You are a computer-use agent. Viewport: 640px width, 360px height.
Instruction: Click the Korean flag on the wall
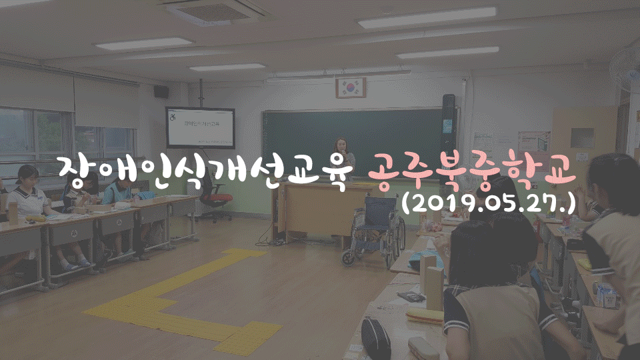(x=351, y=87)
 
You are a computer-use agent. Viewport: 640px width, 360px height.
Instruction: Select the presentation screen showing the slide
(x=200, y=128)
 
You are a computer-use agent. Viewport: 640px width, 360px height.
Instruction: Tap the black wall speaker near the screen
(x=161, y=91)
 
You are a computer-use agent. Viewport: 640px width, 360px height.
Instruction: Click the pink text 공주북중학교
(x=472, y=173)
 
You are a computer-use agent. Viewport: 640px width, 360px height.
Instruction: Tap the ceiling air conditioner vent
(x=213, y=11)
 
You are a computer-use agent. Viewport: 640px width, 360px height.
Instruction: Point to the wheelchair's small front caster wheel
(x=348, y=258)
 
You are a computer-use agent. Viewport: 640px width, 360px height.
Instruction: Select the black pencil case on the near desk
(x=375, y=339)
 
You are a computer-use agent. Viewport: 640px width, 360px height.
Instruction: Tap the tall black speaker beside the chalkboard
(x=449, y=139)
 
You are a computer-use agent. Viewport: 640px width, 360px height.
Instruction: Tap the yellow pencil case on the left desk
(x=35, y=219)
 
